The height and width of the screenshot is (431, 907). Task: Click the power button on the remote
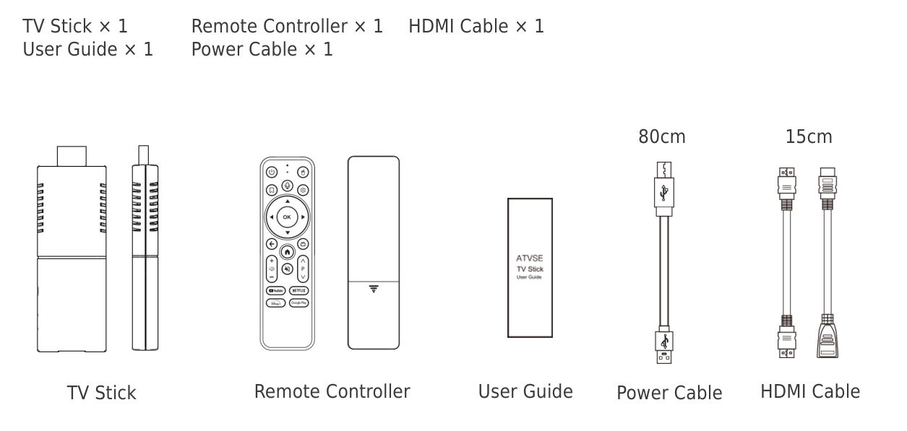272,173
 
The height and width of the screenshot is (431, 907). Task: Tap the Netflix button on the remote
298,290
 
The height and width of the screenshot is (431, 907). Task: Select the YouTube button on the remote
275,290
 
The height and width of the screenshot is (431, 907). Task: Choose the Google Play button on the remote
298,303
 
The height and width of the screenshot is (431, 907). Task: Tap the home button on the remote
287,252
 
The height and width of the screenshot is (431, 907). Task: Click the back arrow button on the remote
272,244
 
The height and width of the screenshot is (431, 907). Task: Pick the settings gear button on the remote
304,190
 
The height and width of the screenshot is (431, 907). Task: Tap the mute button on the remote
287,267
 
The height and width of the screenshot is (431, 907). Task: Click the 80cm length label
661,136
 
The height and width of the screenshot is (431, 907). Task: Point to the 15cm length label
809,136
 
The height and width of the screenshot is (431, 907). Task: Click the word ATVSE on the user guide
529,257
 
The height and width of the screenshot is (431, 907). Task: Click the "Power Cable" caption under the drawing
669,393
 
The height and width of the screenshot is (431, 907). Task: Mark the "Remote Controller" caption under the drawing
332,391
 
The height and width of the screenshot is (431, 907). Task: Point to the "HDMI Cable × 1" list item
476,27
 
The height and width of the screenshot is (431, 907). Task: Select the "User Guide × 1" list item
88,49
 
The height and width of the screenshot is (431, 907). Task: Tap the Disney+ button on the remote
275,303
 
